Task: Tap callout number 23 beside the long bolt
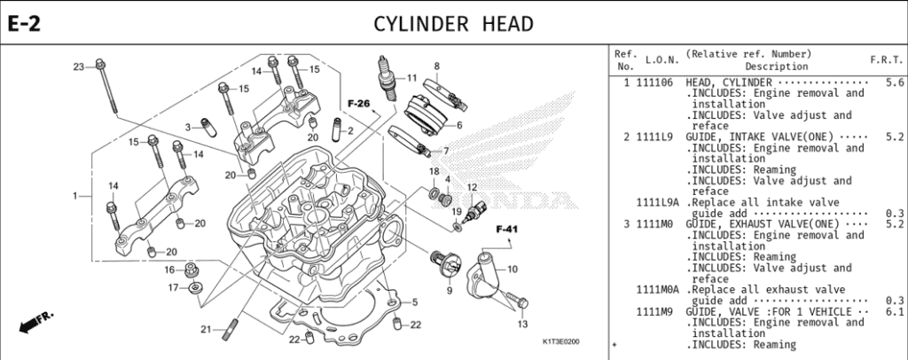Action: (x=78, y=67)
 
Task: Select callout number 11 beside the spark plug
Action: (x=411, y=78)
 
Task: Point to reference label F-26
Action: (x=358, y=104)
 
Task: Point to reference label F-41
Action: (x=506, y=229)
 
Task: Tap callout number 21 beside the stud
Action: (x=204, y=329)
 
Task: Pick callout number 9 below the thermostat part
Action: (x=449, y=290)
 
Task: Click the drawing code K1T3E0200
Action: (x=560, y=341)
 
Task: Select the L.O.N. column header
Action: (x=661, y=59)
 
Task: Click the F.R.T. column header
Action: (x=887, y=59)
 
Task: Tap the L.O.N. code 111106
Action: (x=654, y=82)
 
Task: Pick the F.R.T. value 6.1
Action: (x=895, y=312)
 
